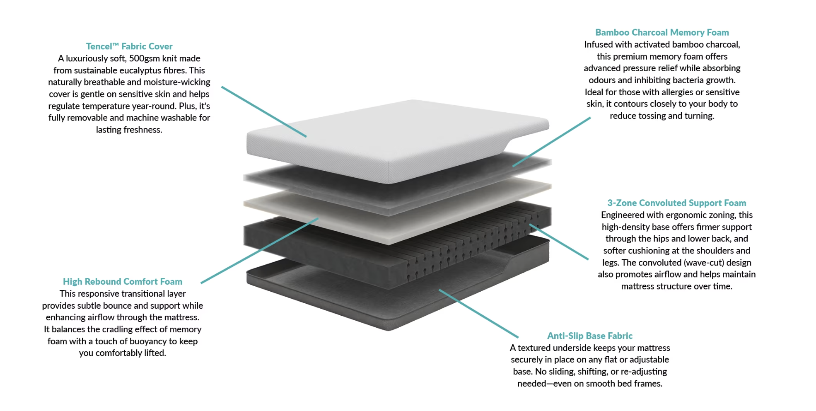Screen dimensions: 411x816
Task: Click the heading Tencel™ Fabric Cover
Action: pyautogui.click(x=129, y=46)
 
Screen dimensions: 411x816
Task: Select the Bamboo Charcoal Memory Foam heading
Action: pyautogui.click(x=661, y=32)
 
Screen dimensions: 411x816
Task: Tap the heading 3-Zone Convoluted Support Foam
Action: pyautogui.click(x=676, y=203)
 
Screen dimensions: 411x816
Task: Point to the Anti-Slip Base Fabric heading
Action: pyautogui.click(x=589, y=336)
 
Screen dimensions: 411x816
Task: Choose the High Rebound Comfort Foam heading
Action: pyautogui.click(x=122, y=282)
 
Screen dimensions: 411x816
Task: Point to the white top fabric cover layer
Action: pyautogui.click(x=373, y=137)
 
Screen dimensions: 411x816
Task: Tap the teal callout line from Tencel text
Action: pyautogui.click(x=264, y=111)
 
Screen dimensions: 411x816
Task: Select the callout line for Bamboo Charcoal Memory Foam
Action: pyautogui.click(x=551, y=142)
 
